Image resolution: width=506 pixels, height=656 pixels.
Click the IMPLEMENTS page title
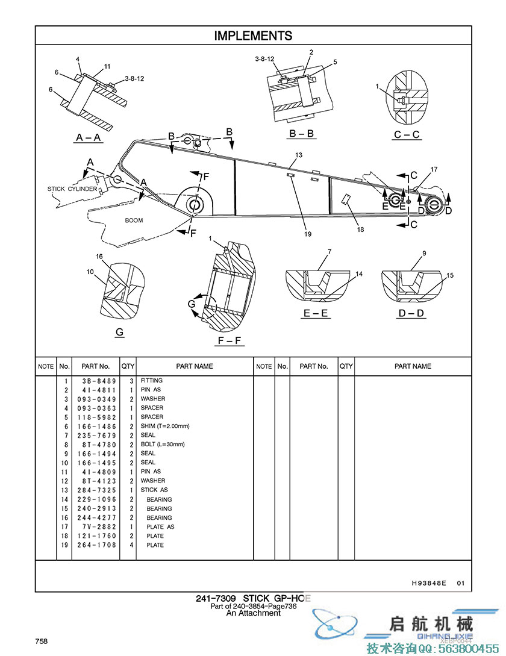click(x=253, y=36)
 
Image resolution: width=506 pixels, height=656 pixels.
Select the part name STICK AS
click(x=154, y=490)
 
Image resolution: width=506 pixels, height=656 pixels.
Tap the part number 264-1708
click(x=96, y=545)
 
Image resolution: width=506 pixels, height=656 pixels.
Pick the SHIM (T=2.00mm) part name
click(x=165, y=426)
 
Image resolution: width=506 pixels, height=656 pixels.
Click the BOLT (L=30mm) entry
click(x=163, y=445)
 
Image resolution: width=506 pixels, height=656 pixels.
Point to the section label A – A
click(x=89, y=138)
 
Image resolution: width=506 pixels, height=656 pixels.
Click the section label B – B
click(x=302, y=134)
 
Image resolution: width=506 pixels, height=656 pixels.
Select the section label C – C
click(x=407, y=134)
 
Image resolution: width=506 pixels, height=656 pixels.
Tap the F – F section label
click(x=230, y=341)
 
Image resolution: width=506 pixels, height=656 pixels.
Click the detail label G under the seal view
click(x=119, y=333)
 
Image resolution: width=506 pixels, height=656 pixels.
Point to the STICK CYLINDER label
click(x=72, y=189)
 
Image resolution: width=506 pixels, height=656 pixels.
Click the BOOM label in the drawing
click(x=134, y=220)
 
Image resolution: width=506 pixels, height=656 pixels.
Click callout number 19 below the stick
click(x=307, y=234)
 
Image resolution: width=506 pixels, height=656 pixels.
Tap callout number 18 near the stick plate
click(x=360, y=229)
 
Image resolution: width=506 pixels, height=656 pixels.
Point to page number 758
click(x=41, y=641)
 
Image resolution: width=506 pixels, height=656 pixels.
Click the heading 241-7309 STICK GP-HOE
click(x=253, y=599)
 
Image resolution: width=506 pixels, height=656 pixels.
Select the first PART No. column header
click(x=96, y=366)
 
